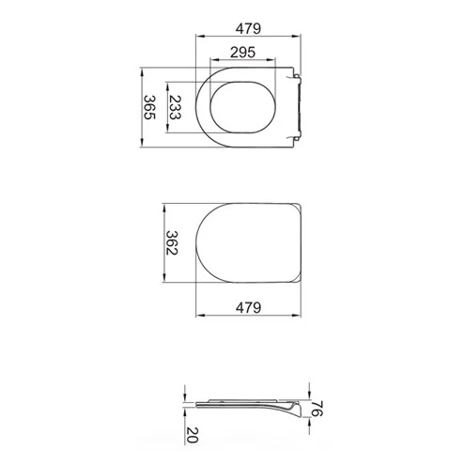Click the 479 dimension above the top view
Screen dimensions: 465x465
click(x=248, y=29)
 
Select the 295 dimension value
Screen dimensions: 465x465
click(x=243, y=53)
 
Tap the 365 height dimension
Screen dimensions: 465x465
click(x=149, y=107)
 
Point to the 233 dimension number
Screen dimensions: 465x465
click(x=175, y=107)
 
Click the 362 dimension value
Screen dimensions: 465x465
click(x=172, y=242)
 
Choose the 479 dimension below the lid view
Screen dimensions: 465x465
click(x=248, y=308)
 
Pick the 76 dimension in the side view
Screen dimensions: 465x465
click(x=317, y=409)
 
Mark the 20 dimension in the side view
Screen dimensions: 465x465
click(x=192, y=435)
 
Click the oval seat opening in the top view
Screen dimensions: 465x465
click(x=242, y=83)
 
